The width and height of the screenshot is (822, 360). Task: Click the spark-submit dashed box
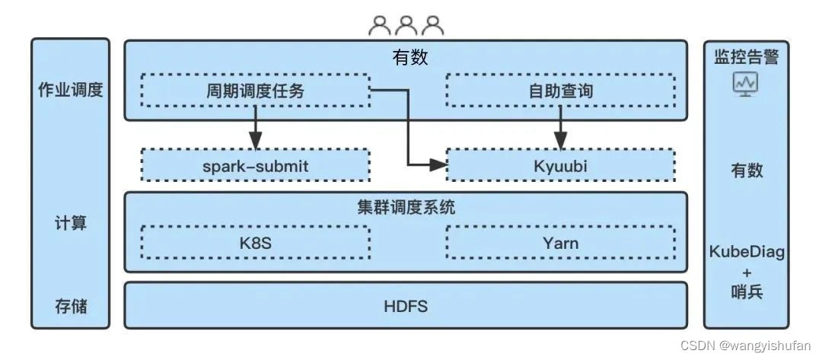[255, 164]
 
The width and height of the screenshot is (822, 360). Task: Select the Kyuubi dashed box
[560, 164]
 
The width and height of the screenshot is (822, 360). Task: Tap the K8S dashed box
[255, 244]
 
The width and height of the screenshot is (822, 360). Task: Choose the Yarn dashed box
[560, 244]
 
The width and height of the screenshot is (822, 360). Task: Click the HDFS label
[406, 307]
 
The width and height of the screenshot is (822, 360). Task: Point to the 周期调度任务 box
[255, 91]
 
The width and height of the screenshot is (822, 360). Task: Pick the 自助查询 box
[560, 91]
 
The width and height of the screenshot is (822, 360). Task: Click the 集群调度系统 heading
[406, 207]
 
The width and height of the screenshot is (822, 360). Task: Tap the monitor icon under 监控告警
[745, 84]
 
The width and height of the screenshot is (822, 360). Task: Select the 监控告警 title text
[745, 56]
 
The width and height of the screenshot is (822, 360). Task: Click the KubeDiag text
[745, 253]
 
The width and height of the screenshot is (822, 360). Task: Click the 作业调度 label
[70, 91]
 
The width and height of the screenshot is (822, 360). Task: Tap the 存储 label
[70, 307]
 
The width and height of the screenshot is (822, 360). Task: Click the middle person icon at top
[406, 26]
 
